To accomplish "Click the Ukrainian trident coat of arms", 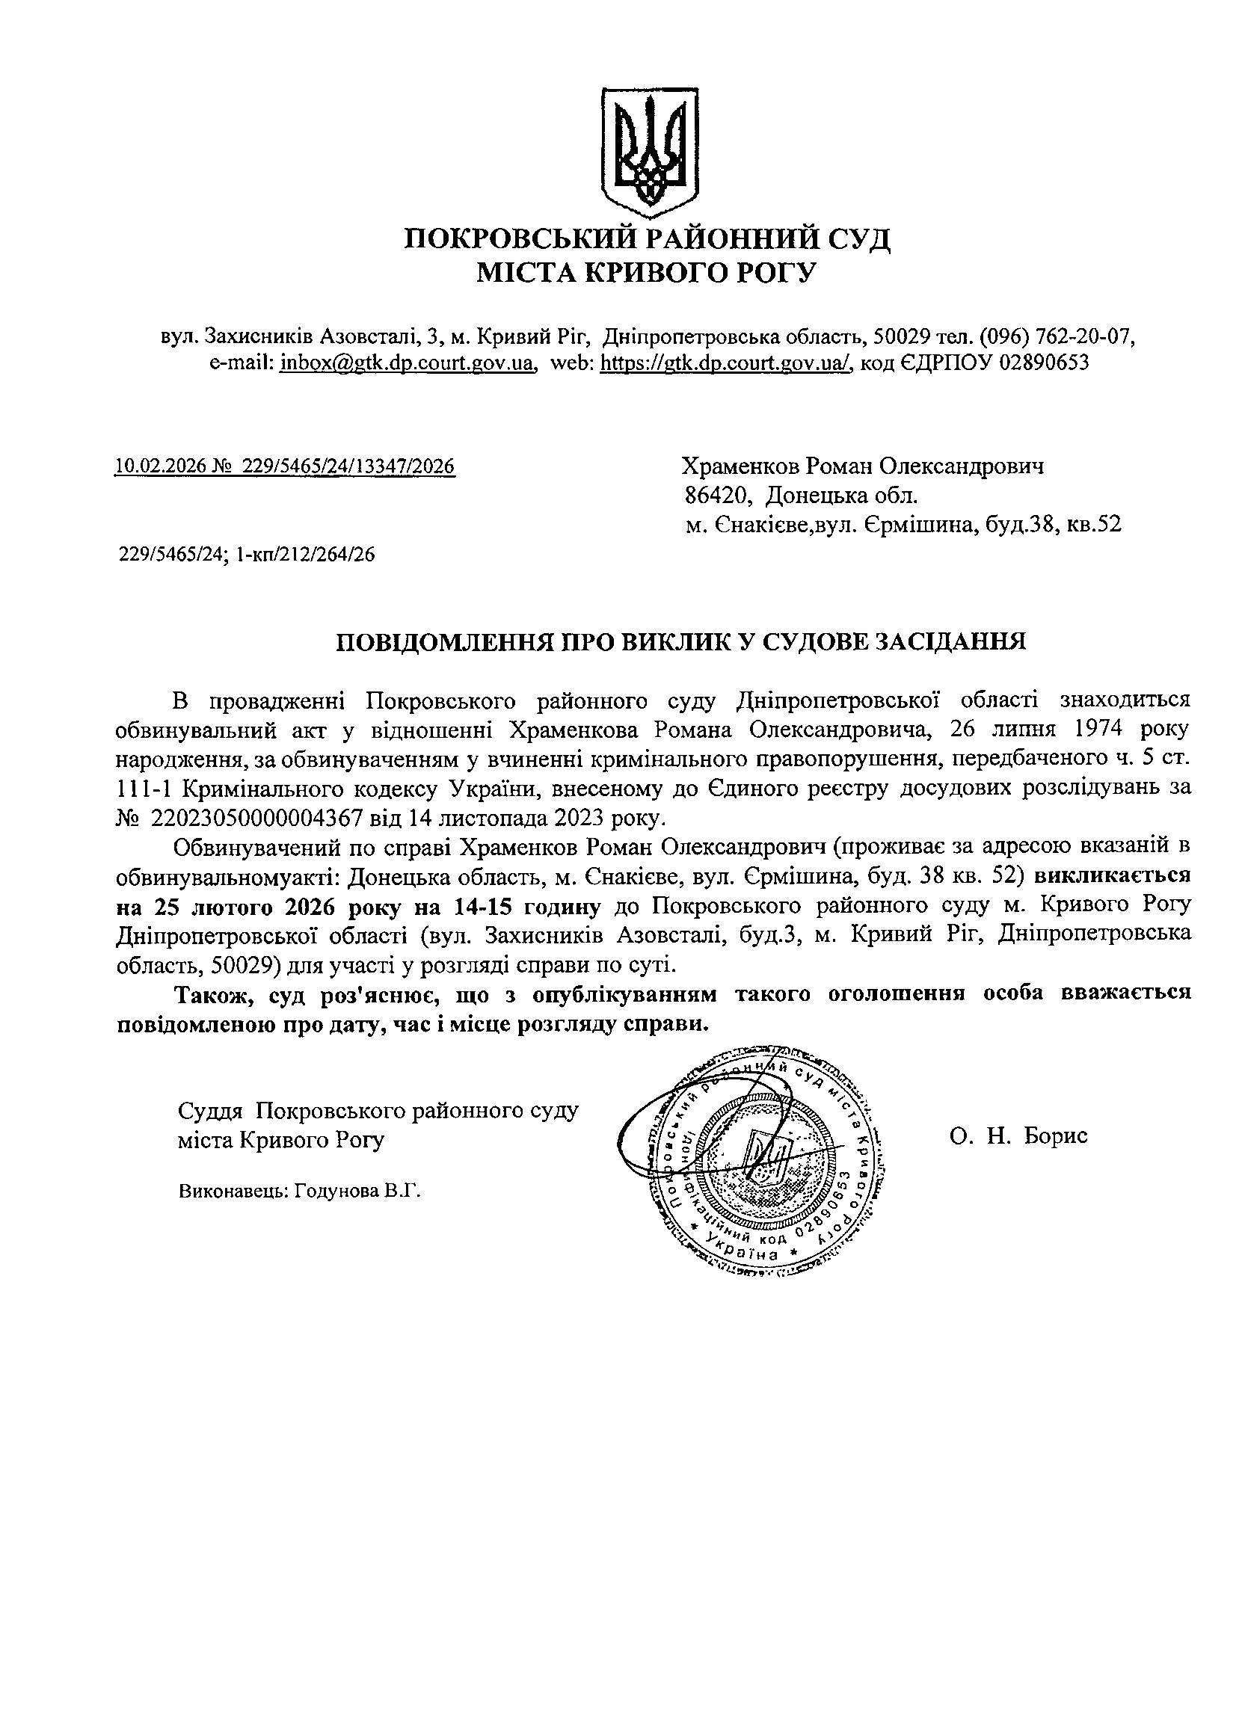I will [x=651, y=148].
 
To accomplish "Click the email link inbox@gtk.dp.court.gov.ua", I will [x=405, y=363].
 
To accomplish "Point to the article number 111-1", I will [x=144, y=789].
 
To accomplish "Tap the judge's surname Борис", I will [x=1055, y=1136].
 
